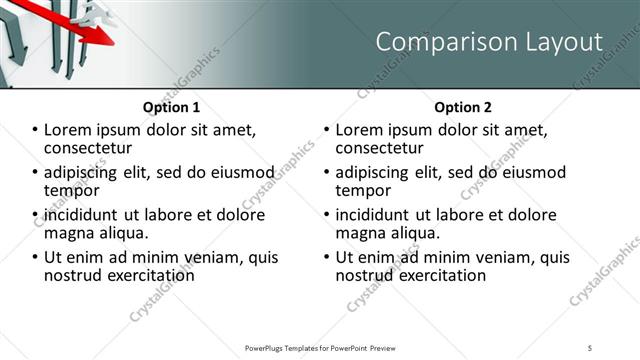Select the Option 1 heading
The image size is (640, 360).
pos(171,107)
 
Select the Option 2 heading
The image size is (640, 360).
pos(463,107)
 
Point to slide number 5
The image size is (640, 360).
pos(590,347)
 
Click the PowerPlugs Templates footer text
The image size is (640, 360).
pos(320,347)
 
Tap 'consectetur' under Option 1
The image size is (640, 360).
pos(89,149)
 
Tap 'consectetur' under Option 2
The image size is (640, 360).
pos(381,149)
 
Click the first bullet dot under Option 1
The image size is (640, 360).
pos(35,130)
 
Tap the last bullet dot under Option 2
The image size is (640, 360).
pos(327,257)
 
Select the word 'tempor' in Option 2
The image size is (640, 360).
pos(364,190)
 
